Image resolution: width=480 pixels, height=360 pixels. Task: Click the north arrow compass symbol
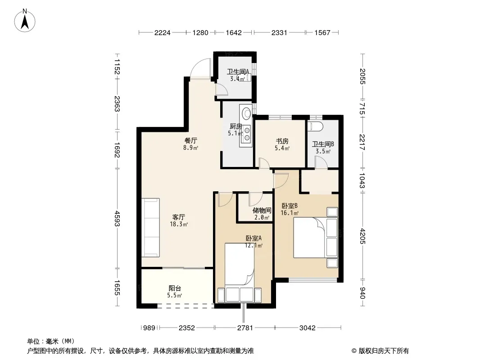(25, 21)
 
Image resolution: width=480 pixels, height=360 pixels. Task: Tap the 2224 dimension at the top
(162, 33)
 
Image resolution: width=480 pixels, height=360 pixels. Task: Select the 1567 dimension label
(322, 33)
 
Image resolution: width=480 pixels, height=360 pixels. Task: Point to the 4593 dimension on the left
(117, 218)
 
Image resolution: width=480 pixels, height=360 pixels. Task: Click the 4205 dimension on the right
(362, 236)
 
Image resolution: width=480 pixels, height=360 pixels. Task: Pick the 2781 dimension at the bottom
(245, 328)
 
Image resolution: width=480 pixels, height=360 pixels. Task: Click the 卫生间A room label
(238, 72)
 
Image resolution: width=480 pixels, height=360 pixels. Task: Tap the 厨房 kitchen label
(236, 126)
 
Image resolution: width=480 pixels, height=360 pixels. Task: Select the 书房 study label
(282, 141)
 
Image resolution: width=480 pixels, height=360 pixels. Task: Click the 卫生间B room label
(323, 144)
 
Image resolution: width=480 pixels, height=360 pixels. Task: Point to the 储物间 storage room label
(262, 211)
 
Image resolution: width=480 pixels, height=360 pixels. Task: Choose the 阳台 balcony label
(175, 288)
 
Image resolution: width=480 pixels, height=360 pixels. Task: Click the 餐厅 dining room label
(191, 141)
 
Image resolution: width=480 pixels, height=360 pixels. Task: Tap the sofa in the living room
(150, 227)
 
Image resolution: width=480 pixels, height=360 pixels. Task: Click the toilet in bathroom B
(315, 126)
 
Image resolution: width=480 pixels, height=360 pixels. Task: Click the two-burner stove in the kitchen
(246, 134)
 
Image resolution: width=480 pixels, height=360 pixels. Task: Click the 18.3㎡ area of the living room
(179, 224)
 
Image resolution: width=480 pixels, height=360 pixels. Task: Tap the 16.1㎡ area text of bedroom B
(290, 213)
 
